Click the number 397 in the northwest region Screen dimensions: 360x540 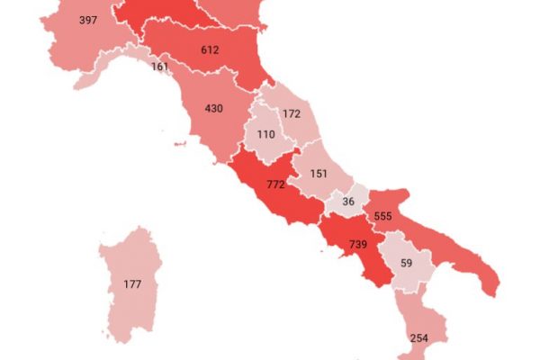point(88,20)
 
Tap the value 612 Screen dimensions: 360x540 point(210,49)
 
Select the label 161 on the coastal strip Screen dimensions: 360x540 point(160,67)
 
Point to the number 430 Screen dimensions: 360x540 point(213,108)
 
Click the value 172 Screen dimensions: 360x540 point(290,114)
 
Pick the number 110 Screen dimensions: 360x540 point(265,134)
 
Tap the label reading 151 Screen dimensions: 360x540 point(318,174)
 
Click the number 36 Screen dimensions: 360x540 point(348,202)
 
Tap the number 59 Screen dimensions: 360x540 point(405,264)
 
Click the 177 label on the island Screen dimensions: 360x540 point(132,285)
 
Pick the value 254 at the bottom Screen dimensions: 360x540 point(418,338)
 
